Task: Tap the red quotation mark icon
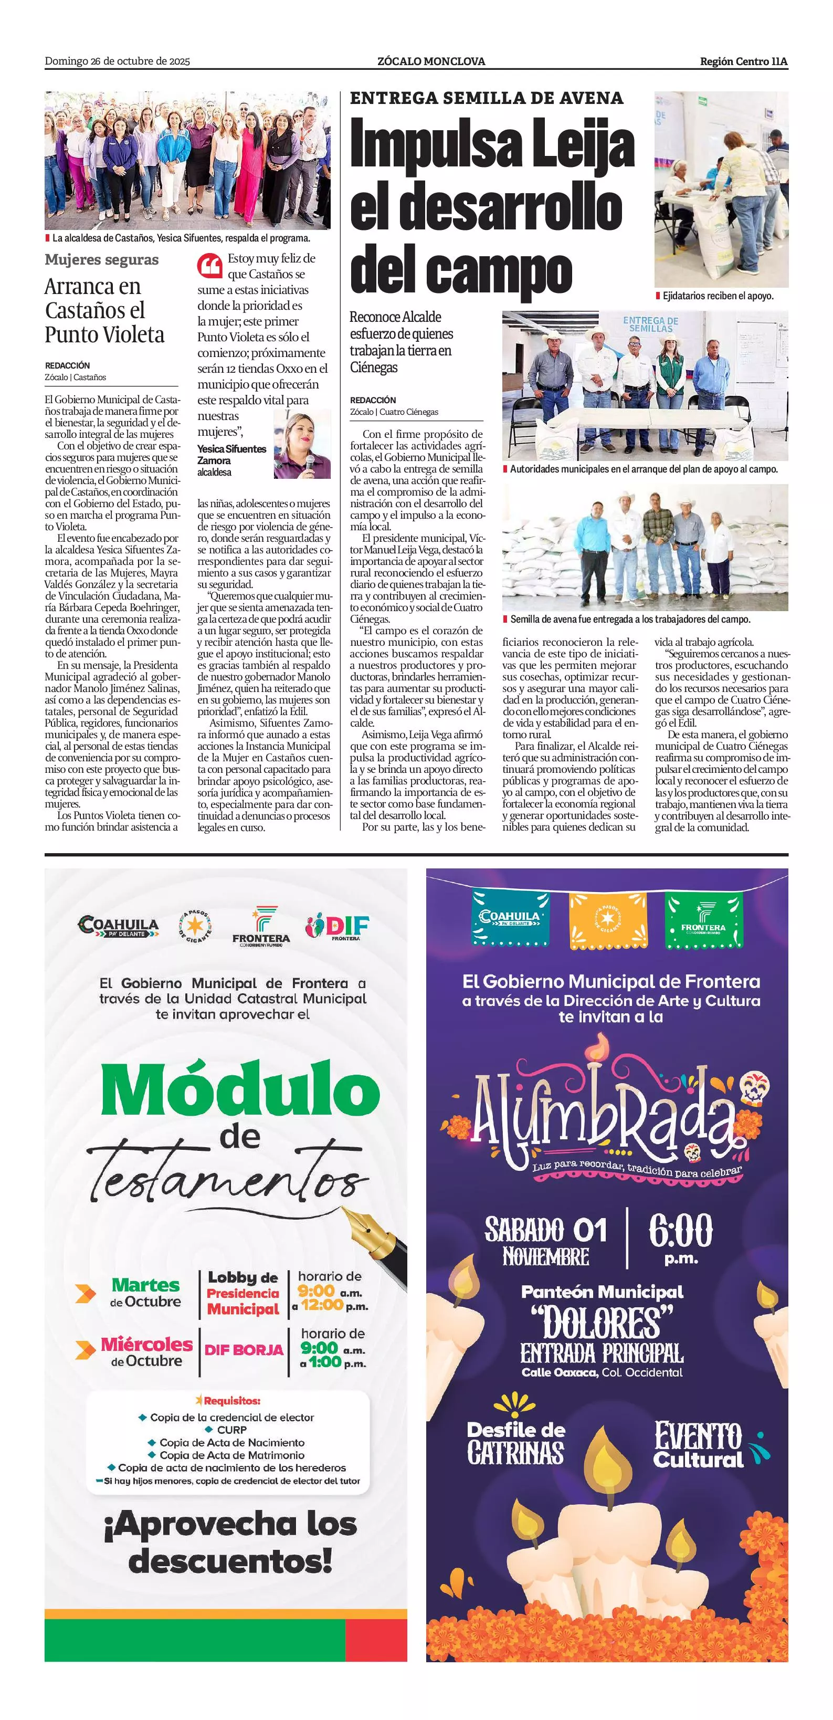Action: click(x=209, y=266)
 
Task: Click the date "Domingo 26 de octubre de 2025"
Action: click(x=118, y=61)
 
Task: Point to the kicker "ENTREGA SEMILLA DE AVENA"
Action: click(x=487, y=98)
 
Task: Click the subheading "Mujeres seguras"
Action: click(x=101, y=260)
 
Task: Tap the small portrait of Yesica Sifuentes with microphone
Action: click(x=302, y=445)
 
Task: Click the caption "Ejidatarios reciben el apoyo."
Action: click(x=718, y=296)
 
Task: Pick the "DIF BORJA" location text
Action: click(x=244, y=1349)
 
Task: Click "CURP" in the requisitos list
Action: click(x=231, y=1430)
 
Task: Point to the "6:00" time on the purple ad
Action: click(x=681, y=1230)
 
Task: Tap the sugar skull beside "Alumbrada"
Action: click(x=755, y=1089)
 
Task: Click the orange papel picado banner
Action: click(x=607, y=920)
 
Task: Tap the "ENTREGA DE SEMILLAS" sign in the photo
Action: click(x=650, y=324)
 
